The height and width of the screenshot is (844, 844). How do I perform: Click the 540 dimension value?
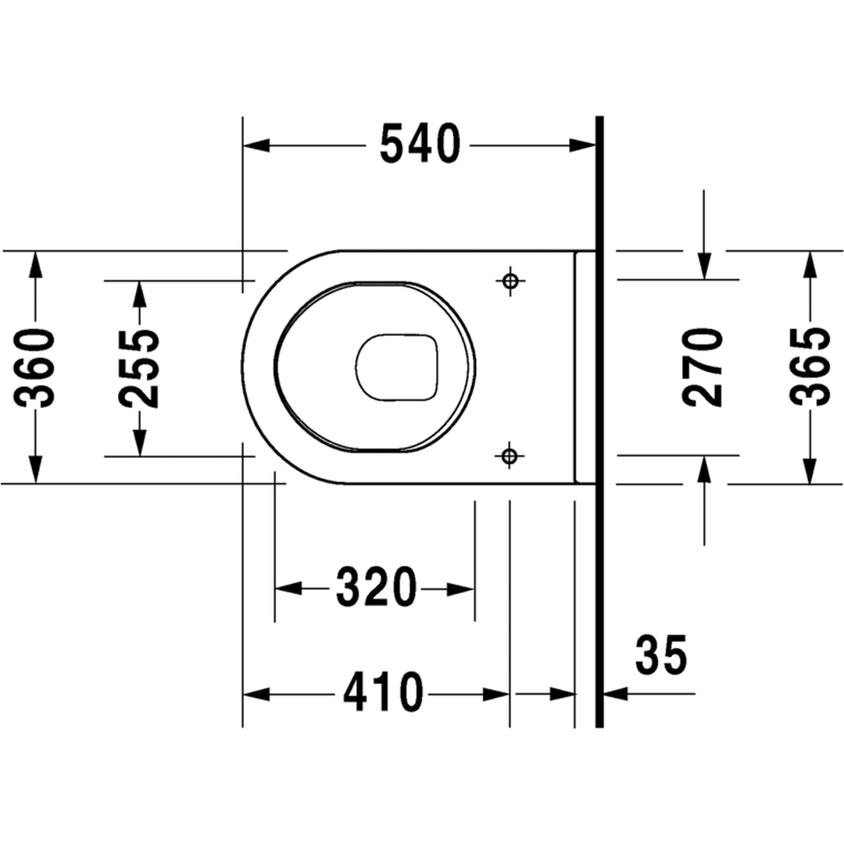pos(420,144)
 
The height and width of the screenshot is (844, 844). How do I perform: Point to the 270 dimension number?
pos(703,367)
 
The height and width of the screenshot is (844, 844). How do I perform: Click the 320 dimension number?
pos(376,587)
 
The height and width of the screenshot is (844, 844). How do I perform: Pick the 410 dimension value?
pos(383,692)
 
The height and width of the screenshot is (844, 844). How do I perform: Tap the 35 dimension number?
pos(662,655)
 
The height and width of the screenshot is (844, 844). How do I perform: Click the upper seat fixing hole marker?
pos(511,281)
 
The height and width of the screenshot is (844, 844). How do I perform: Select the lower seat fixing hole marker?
pos(510,456)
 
